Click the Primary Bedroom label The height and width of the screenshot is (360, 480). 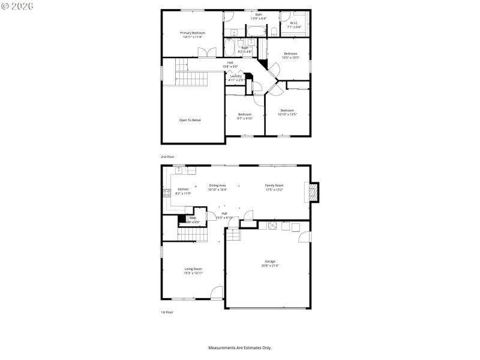[193, 32]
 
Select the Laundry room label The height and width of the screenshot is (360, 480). [236, 76]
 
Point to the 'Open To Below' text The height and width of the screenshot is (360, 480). [190, 120]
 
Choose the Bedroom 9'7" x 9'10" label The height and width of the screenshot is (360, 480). [244, 116]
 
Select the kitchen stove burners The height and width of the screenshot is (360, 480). [166, 193]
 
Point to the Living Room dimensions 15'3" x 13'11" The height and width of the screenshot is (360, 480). [193, 273]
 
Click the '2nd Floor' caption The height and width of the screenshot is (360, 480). [167, 157]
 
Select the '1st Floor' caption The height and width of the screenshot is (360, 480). [167, 312]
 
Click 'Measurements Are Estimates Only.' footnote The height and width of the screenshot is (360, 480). [240, 347]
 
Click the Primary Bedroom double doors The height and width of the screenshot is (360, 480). [206, 53]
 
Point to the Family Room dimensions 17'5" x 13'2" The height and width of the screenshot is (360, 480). [274, 190]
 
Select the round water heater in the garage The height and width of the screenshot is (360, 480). [272, 226]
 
